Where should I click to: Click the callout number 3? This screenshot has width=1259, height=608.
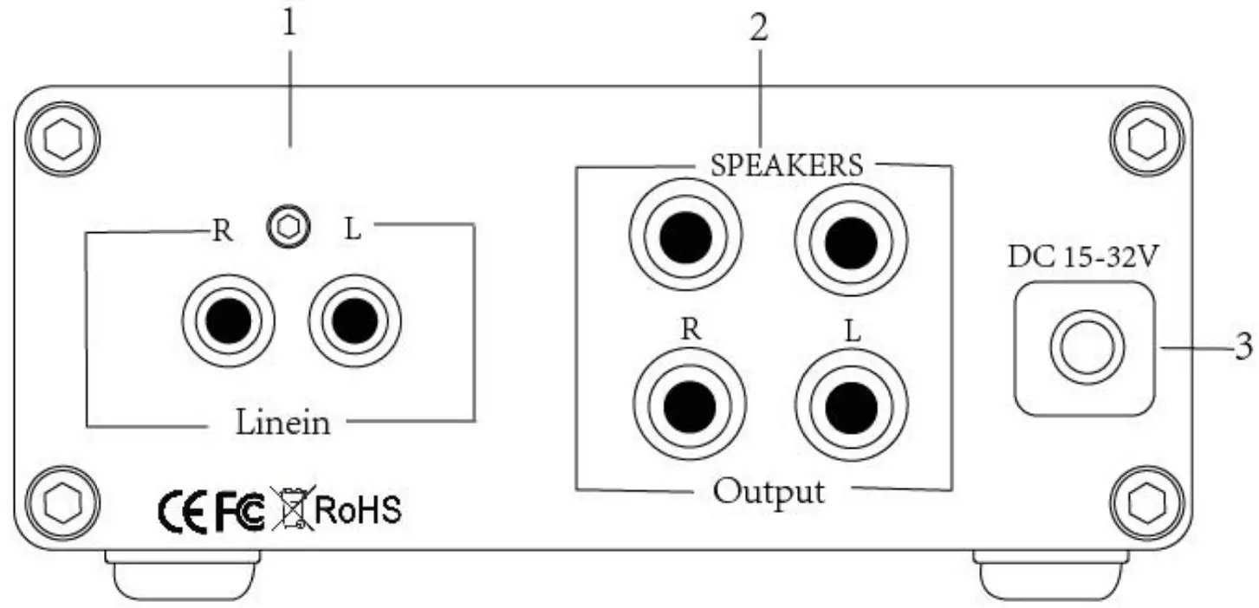tap(1242, 346)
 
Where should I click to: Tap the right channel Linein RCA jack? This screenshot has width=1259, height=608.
tap(228, 321)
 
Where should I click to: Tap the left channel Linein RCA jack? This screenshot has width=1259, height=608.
tap(354, 321)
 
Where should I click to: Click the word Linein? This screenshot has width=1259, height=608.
tap(282, 424)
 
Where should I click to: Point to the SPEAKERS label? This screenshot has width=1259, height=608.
tap(787, 165)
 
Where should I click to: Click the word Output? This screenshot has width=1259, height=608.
tap(769, 491)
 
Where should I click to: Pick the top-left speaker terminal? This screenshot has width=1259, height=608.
tap(686, 236)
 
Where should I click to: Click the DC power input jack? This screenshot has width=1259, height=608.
tap(1087, 349)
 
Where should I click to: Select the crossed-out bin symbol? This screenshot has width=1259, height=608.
tap(292, 508)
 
